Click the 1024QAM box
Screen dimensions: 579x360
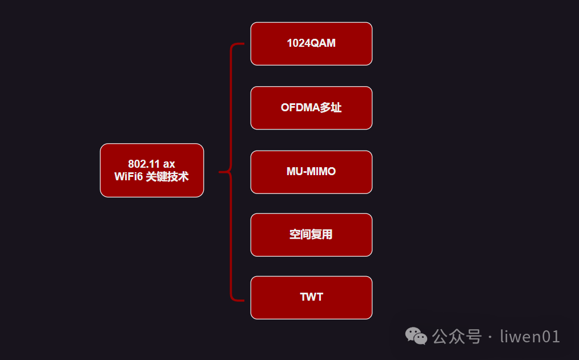[311, 44]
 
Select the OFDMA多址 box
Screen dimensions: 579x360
[311, 108]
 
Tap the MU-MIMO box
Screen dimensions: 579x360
[311, 172]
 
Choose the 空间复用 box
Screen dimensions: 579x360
[311, 234]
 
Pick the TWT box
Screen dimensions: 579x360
[311, 297]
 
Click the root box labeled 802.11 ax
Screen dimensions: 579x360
[152, 170]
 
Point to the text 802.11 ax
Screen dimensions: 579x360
[152, 164]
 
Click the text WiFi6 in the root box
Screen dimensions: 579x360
[128, 177]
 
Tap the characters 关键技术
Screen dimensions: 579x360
[167, 177]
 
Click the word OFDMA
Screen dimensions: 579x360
[300, 108]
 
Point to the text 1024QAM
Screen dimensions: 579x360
[311, 44]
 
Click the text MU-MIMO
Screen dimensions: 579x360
[311, 172]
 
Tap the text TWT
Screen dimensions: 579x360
[311, 297]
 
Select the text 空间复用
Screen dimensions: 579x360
[311, 234]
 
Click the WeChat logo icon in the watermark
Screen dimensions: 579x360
[416, 337]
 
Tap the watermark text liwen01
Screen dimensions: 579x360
[530, 337]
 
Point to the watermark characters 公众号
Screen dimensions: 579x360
[457, 337]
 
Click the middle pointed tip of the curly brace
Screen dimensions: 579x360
[220, 171]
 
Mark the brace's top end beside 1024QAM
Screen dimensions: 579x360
[243, 43]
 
